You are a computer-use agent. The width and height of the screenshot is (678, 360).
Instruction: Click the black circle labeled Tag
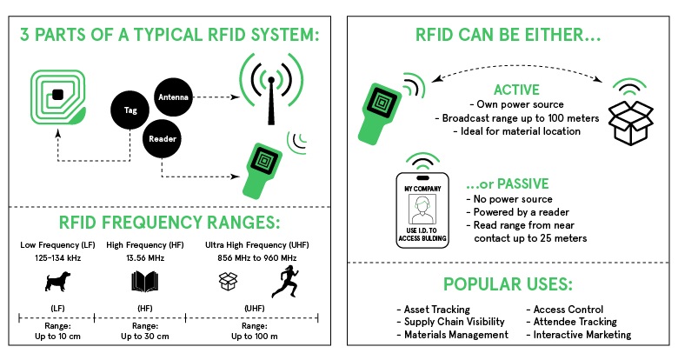click(x=130, y=110)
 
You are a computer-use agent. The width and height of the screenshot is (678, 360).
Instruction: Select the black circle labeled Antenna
click(x=173, y=97)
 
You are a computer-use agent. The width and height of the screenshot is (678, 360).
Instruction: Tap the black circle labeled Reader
click(x=163, y=139)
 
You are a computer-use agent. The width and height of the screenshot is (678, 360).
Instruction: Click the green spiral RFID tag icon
click(x=57, y=97)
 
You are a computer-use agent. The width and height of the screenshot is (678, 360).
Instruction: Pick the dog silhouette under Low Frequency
click(x=57, y=281)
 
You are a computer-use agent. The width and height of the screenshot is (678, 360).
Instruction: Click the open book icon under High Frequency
click(x=145, y=281)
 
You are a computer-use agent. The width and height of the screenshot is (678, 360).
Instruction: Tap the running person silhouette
click(x=285, y=282)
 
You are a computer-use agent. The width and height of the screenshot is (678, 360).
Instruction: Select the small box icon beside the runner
click(x=229, y=281)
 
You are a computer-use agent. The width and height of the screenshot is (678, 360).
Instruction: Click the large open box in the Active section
click(x=630, y=123)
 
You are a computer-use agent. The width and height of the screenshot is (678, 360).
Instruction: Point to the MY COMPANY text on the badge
click(x=422, y=189)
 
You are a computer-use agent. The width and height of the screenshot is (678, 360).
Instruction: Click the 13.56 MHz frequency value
click(x=145, y=258)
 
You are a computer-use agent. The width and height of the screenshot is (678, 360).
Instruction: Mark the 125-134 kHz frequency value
click(x=58, y=258)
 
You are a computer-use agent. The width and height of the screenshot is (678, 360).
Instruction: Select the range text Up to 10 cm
click(x=57, y=337)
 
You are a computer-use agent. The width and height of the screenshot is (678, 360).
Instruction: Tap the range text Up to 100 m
click(x=254, y=337)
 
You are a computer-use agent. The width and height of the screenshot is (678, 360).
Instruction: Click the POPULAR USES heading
click(x=508, y=284)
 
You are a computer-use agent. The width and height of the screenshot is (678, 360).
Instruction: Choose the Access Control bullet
click(x=565, y=310)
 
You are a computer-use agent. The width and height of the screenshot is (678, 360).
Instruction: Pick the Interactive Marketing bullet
click(x=579, y=335)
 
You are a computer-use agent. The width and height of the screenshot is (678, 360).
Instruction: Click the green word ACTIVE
click(x=516, y=90)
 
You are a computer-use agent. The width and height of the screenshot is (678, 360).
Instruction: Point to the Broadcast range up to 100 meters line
click(x=516, y=118)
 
